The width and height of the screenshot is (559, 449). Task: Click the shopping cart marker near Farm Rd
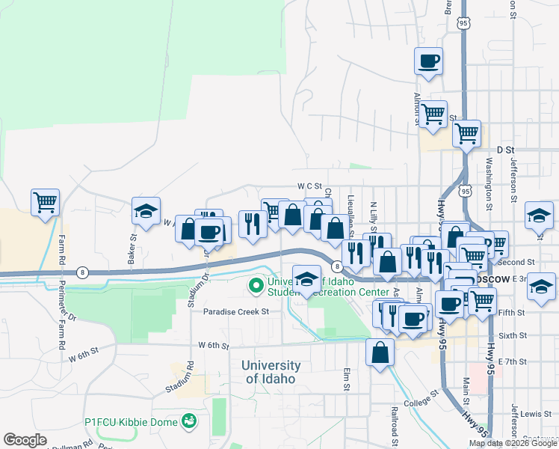[45, 202]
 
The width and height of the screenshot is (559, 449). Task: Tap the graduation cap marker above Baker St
[146, 211]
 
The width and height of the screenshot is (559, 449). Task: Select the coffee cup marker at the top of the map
[428, 61]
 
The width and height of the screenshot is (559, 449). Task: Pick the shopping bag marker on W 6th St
[380, 352]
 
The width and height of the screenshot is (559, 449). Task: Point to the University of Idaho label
[271, 372]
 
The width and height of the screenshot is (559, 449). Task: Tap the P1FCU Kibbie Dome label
[135, 422]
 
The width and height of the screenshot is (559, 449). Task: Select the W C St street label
[309, 186]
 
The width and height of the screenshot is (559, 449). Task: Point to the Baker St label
[133, 248]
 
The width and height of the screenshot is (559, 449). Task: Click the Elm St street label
[347, 379]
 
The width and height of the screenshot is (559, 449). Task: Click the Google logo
[25, 440]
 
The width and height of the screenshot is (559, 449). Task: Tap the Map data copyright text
[513, 443]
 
